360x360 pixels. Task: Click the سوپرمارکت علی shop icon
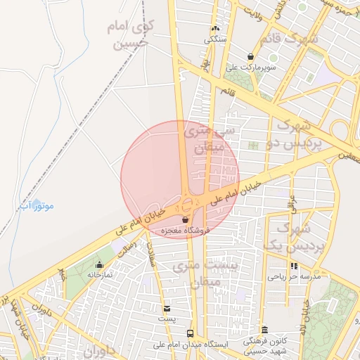(250, 56)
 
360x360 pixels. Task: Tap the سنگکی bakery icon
(215, 29)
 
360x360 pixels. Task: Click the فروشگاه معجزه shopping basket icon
(185, 220)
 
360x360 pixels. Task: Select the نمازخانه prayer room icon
(99, 265)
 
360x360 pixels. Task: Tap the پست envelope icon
(167, 308)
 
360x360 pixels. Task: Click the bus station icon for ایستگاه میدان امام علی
(190, 333)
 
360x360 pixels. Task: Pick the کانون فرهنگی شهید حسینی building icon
(264, 330)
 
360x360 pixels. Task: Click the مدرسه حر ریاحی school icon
(294, 266)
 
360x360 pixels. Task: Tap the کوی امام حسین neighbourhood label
(131, 34)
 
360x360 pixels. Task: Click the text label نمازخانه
(100, 276)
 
